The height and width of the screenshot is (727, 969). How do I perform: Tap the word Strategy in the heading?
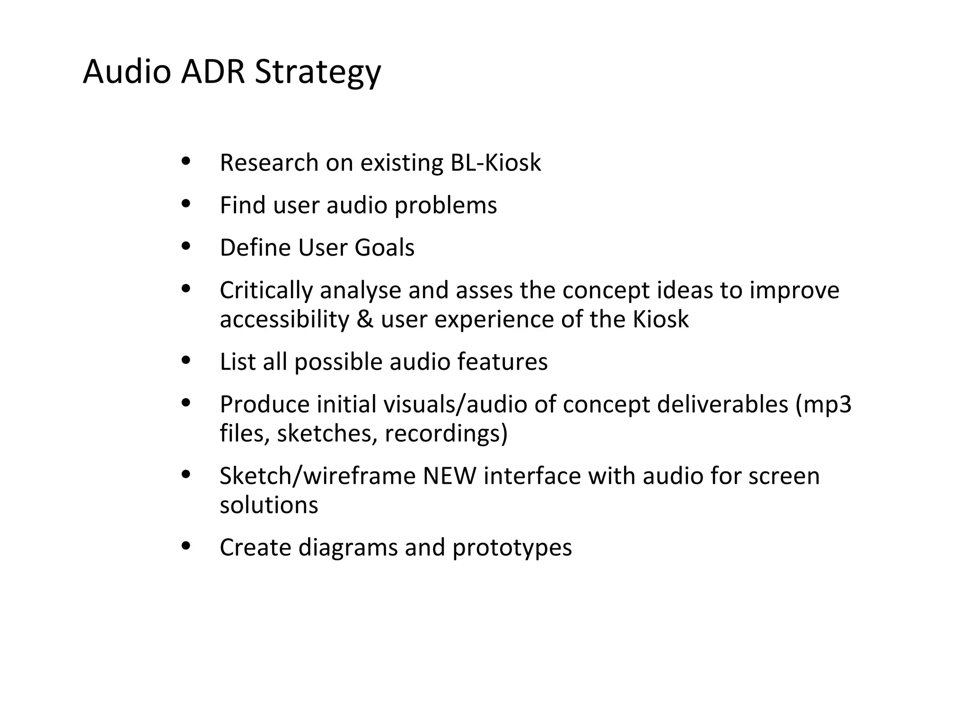tap(317, 72)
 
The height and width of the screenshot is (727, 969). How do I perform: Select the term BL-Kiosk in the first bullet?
tap(495, 163)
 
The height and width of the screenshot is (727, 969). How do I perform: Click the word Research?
tap(269, 163)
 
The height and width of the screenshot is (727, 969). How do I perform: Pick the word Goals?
tap(384, 248)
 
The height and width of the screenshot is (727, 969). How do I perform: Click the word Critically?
tap(266, 290)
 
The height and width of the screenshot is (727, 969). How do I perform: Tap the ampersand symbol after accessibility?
tap(365, 319)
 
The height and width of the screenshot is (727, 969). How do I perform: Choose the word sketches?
tap(327, 434)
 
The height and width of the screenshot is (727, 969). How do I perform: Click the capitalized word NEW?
tap(449, 476)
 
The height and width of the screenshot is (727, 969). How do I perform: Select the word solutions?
tap(269, 505)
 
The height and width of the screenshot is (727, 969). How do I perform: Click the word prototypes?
tap(512, 548)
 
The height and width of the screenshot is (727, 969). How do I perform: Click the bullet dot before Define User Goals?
tap(186, 246)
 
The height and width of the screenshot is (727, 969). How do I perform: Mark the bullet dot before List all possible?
tap(186, 361)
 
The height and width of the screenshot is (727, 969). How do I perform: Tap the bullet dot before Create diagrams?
tap(186, 546)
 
